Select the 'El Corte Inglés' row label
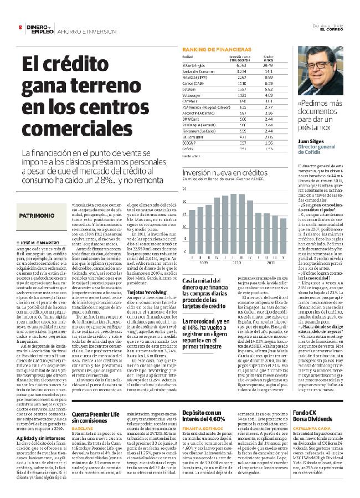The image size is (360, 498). [x=194, y=65]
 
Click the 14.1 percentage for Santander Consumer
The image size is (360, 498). [x=269, y=71]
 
